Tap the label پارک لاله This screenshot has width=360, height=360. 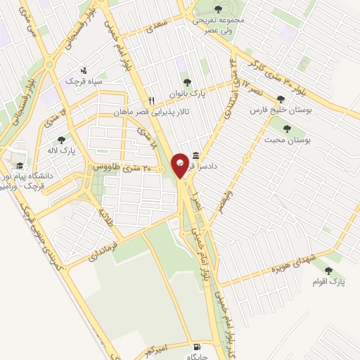(63, 150)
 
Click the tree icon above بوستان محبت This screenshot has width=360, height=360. (286, 129)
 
